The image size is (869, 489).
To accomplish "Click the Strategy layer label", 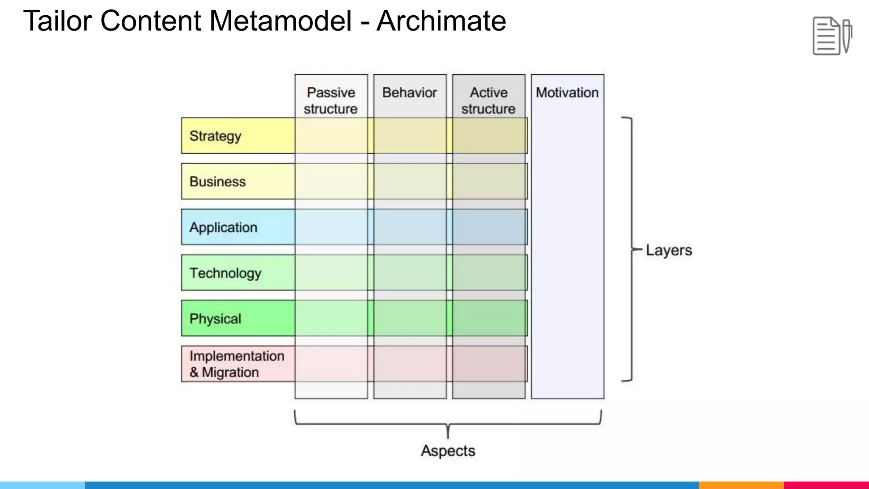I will coord(215,136).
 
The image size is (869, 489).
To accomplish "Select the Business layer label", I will coord(217,182).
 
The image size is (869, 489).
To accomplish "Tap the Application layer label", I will coord(223,228).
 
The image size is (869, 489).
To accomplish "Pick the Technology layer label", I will coord(225,273).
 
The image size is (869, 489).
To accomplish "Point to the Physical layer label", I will coord(215,319).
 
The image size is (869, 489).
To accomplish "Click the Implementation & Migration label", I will coord(236,364).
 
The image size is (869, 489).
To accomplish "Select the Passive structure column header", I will coord(331,101).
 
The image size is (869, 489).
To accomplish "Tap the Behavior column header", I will coord(409,93).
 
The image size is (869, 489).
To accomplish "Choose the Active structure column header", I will coord(488,101).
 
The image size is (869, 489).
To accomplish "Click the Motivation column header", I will coord(567,93).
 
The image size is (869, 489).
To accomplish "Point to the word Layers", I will coord(669,250).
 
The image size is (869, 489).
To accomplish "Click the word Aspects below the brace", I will coord(448,451).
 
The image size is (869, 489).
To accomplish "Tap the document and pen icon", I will coord(832,36).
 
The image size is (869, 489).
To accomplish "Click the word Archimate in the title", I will coord(441,21).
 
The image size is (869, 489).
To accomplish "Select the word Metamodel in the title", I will coord(280,21).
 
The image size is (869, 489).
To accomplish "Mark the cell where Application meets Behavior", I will coord(410,227).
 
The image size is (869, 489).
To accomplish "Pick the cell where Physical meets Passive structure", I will coord(331,318).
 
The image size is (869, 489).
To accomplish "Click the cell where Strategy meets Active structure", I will coord(488,136).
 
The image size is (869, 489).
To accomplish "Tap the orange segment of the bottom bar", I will coord(741,485).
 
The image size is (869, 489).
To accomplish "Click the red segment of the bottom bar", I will coord(826,485).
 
